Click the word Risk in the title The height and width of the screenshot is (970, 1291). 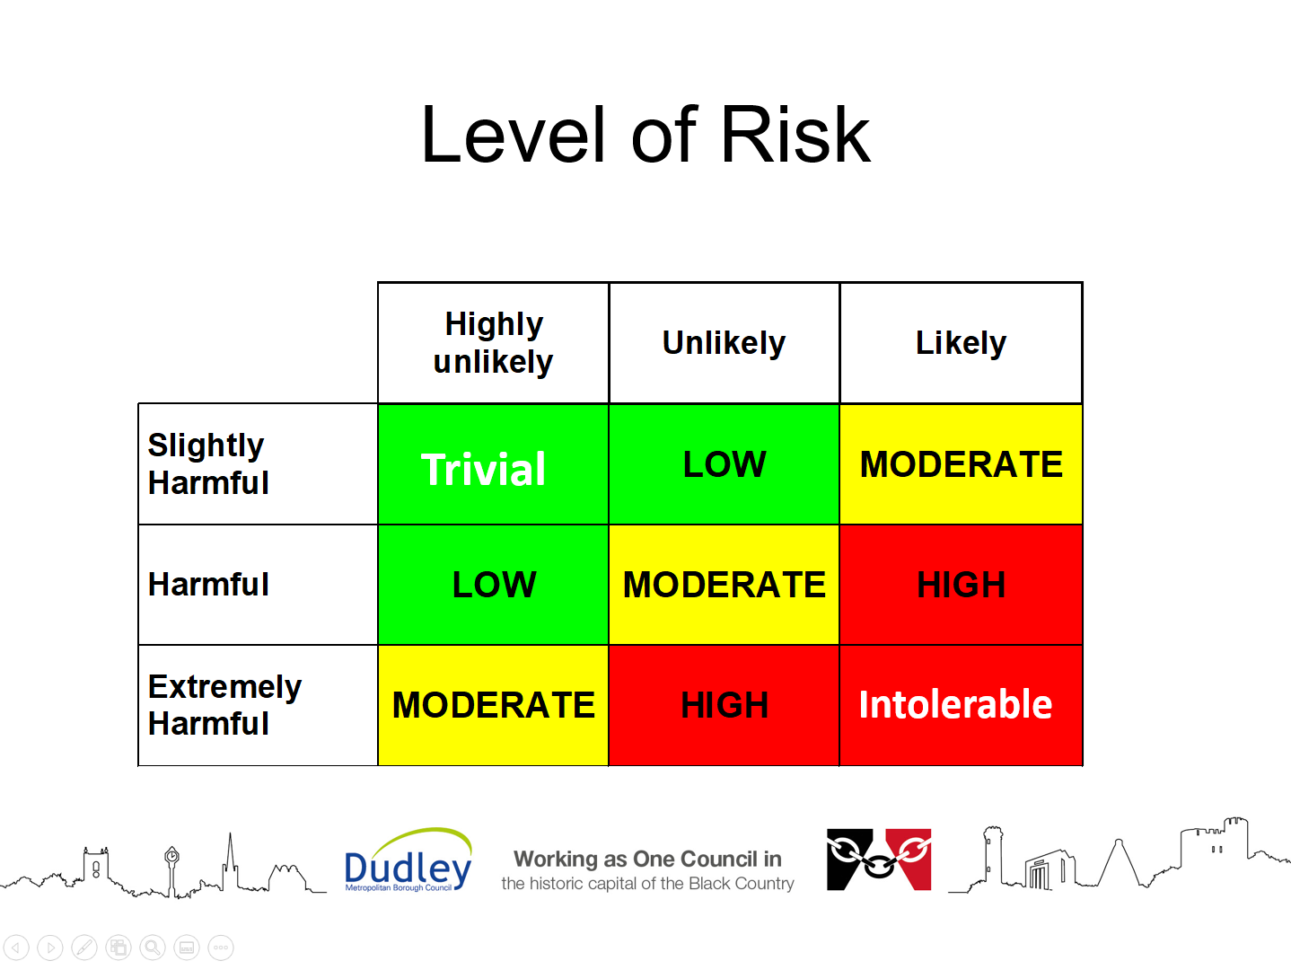point(795,135)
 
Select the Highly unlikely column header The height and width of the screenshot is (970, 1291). point(493,343)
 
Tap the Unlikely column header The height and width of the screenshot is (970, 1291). point(724,343)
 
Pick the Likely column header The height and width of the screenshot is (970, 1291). point(961,343)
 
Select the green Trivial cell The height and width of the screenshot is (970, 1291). point(493,464)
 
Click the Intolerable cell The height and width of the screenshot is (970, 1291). point(961,705)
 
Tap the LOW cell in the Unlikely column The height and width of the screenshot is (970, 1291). point(724,464)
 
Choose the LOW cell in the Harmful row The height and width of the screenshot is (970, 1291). point(493,585)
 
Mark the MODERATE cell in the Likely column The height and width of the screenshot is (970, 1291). point(961,464)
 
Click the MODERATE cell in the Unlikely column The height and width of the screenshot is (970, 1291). point(724,585)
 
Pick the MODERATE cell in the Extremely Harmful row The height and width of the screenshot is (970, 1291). point(493,705)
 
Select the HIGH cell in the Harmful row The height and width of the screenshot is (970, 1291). point(961,585)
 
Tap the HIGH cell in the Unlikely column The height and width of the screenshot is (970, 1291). point(724,705)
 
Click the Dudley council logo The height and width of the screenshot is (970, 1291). point(408,860)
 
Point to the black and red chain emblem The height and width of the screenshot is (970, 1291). point(879,860)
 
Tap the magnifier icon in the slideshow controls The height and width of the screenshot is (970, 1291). point(153,948)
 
